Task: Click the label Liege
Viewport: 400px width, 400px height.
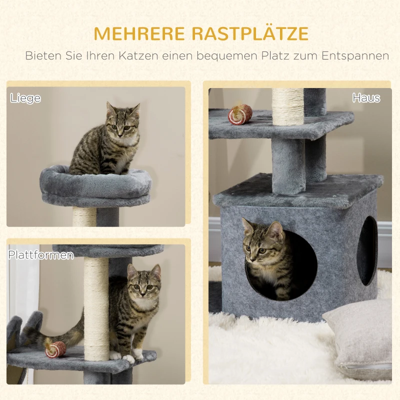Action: (25, 98)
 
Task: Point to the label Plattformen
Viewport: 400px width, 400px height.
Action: (40, 255)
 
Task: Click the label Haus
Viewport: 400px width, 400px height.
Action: (366, 98)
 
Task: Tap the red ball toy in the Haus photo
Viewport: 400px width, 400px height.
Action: (240, 114)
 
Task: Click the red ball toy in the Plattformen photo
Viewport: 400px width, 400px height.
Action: (55, 348)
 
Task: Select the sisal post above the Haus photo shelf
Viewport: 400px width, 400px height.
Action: (288, 106)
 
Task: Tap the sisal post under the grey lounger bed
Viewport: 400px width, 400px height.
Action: (84, 216)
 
